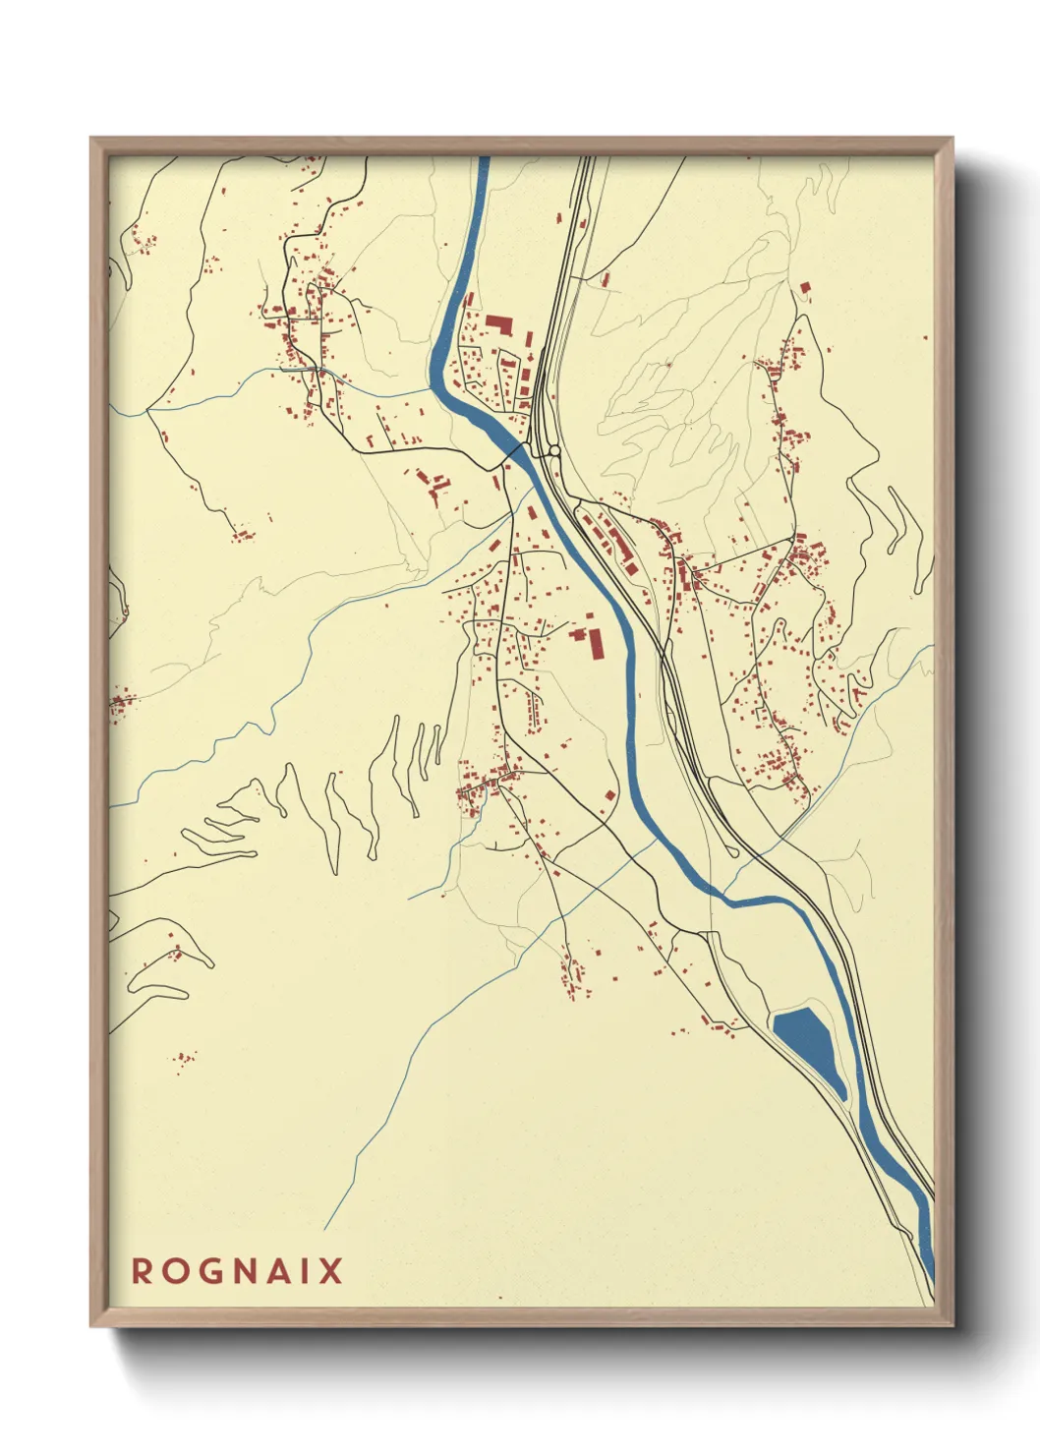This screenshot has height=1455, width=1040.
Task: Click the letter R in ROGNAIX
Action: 143,1271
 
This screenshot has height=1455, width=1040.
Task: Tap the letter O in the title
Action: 176,1271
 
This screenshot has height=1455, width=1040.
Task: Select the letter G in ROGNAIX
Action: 211,1271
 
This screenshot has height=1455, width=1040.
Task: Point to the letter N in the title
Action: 247,1271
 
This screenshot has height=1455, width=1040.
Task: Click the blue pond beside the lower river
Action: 810,1048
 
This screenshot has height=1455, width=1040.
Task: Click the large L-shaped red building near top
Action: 500,323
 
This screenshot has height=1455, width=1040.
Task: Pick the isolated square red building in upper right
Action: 805,288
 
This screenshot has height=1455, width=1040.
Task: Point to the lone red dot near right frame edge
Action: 925,337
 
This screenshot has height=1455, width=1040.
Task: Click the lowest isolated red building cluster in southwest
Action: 183,1059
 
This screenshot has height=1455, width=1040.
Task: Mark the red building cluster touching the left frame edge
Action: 118,702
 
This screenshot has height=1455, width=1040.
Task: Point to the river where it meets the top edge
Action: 484,162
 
